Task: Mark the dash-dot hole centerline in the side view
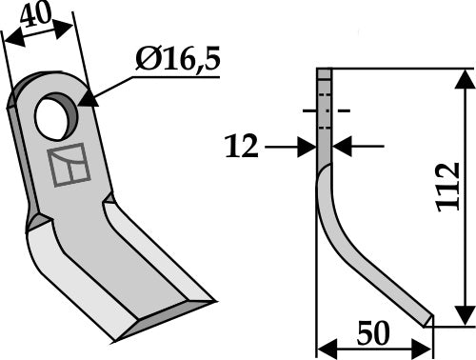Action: click(x=324, y=111)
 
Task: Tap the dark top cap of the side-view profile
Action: click(x=324, y=74)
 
